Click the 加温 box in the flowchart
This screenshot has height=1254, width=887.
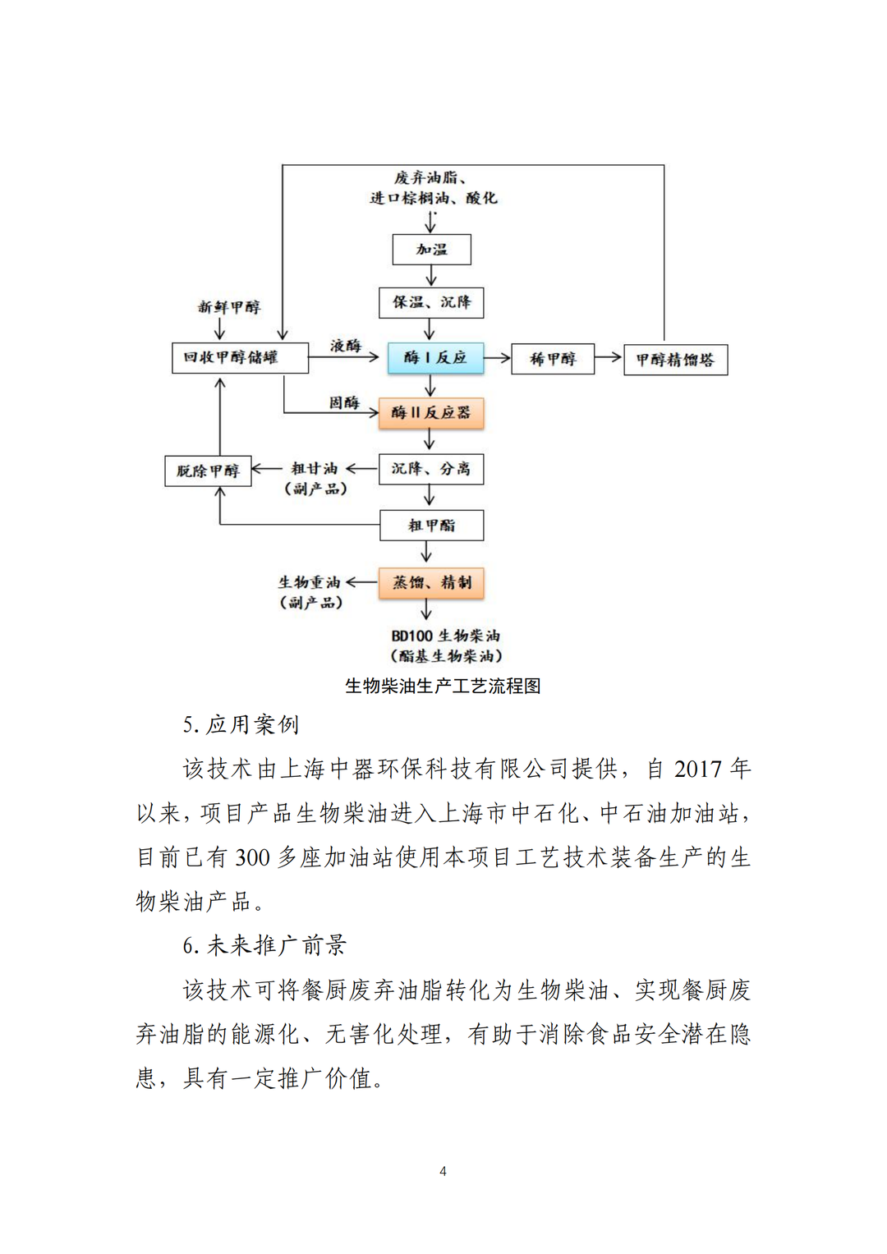tap(431, 250)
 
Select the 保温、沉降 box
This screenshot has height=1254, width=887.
tap(431, 302)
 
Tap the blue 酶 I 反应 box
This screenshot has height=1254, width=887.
tap(435, 358)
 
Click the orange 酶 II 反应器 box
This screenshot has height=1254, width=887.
tap(431, 413)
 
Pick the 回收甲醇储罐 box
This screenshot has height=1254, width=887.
tap(240, 358)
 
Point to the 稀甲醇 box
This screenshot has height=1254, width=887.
tap(553, 359)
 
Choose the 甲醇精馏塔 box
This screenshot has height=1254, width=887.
tap(675, 360)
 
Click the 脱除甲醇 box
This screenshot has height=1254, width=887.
tap(208, 471)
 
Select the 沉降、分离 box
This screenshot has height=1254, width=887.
tap(431, 469)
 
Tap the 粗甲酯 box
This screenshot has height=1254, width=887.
tap(431, 526)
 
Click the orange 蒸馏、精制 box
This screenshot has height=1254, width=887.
tap(431, 583)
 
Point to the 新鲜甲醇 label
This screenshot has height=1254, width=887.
tap(228, 307)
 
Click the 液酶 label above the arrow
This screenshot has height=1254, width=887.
tap(346, 346)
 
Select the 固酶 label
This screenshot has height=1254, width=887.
tap(344, 402)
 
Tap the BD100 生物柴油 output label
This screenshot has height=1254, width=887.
tap(445, 636)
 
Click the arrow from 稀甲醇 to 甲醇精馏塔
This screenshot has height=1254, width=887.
tap(609, 357)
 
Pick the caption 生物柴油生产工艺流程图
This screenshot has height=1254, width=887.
tap(443, 687)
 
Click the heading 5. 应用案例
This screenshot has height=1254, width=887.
tap(241, 724)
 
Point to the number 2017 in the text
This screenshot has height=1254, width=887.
tap(697, 769)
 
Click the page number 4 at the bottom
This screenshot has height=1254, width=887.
tap(443, 1171)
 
